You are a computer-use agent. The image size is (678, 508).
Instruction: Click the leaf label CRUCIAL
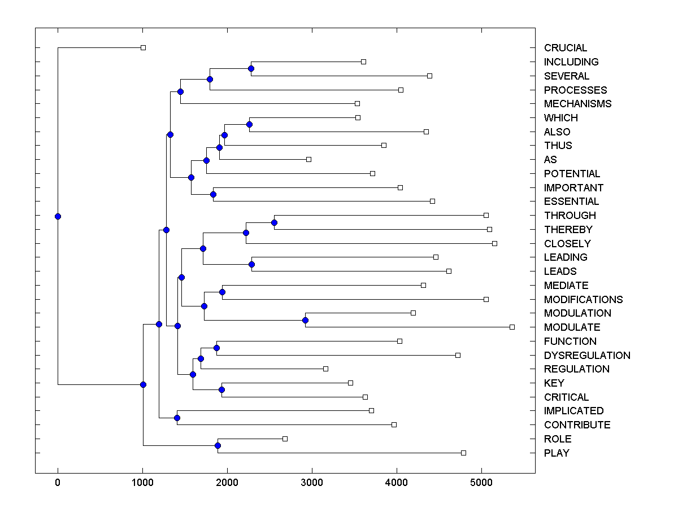pyautogui.click(x=566, y=48)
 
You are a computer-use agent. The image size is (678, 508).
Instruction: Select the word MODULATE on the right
pyautogui.click(x=572, y=327)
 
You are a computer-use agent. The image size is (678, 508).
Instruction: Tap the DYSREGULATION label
pyautogui.click(x=587, y=356)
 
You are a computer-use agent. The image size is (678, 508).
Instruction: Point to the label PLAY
pyautogui.click(x=557, y=453)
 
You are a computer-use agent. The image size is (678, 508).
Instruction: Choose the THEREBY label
pyautogui.click(x=568, y=230)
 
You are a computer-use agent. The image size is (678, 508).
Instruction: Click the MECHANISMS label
pyautogui.click(x=577, y=104)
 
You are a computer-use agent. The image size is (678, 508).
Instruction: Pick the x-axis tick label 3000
pyautogui.click(x=312, y=483)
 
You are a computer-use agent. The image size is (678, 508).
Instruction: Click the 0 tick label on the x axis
pyautogui.click(x=58, y=483)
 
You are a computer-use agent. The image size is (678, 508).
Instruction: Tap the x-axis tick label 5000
pyautogui.click(x=481, y=483)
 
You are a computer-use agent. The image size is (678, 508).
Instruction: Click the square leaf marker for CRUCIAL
pyautogui.click(x=143, y=48)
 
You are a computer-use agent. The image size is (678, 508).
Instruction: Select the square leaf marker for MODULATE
pyautogui.click(x=512, y=327)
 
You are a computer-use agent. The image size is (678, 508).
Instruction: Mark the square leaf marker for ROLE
pyautogui.click(x=285, y=439)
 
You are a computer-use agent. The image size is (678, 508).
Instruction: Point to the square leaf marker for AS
pyautogui.click(x=308, y=159)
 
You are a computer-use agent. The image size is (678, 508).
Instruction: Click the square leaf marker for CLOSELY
pyautogui.click(x=494, y=243)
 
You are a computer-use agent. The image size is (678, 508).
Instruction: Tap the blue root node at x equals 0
pyautogui.click(x=58, y=216)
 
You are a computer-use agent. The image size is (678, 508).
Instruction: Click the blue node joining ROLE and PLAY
pyautogui.click(x=218, y=445)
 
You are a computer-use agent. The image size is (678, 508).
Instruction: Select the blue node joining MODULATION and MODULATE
pyautogui.click(x=305, y=320)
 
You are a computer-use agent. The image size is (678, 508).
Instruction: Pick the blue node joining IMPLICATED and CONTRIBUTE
pyautogui.click(x=177, y=418)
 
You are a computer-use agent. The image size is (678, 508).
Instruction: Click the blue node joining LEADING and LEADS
pyautogui.click(x=251, y=264)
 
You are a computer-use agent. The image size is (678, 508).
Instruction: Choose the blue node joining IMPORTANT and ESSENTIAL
pyautogui.click(x=213, y=194)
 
